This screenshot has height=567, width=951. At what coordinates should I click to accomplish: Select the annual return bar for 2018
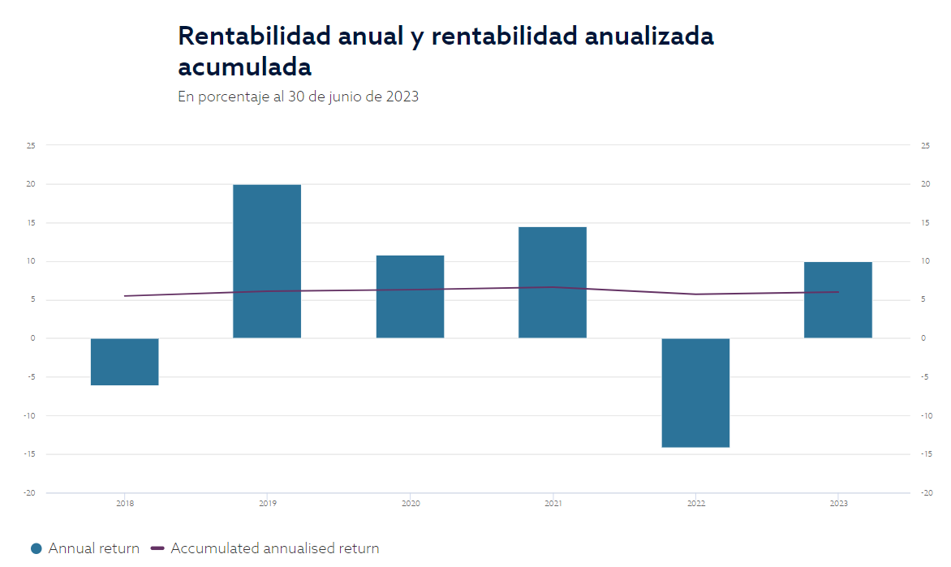(124, 362)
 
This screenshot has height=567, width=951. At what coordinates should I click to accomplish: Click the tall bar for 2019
(267, 261)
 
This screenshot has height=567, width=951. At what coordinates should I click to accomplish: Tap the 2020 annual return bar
(410, 297)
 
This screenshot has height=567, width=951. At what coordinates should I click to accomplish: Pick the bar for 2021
(553, 282)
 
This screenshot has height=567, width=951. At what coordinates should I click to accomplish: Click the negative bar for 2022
(695, 393)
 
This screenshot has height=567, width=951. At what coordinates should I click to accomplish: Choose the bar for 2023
(838, 299)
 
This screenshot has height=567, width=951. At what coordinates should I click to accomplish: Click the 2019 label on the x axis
(267, 504)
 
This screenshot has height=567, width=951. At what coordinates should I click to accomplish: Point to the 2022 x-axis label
(695, 504)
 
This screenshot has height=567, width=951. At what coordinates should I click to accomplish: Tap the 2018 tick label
(125, 504)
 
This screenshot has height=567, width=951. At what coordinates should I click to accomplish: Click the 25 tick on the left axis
(31, 146)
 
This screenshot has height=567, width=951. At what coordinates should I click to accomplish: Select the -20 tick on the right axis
(924, 493)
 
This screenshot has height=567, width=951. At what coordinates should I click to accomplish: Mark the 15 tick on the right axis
(924, 223)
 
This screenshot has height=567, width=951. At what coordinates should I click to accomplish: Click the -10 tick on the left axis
(31, 415)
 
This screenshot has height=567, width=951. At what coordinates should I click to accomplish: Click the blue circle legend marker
(36, 548)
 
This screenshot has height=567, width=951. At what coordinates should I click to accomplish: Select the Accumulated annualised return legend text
(274, 548)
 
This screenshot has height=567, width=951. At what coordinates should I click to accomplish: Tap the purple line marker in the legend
(157, 548)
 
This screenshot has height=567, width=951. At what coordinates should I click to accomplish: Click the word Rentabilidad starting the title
(245, 37)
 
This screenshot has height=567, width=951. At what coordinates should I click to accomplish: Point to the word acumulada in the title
(244, 67)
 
